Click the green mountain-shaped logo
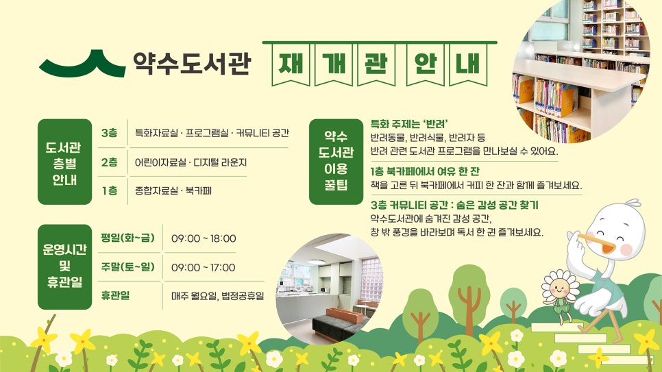point(83,66)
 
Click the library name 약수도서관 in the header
point(192,63)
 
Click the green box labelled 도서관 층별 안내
point(64,162)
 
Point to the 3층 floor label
point(110,133)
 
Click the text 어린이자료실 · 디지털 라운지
point(191,162)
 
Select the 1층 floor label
point(110,191)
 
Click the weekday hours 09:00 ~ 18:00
point(204,238)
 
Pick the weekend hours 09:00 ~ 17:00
point(203,268)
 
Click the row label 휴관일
point(115,295)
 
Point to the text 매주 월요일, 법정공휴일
point(217,295)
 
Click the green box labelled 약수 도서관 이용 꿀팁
point(336,162)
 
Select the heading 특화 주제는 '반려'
point(409,124)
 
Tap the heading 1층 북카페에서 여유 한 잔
point(425,171)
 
